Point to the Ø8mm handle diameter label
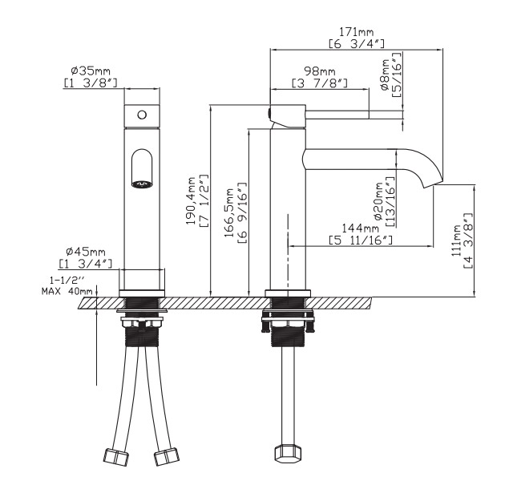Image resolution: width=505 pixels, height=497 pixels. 386,76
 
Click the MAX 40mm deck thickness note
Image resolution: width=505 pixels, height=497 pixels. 67,292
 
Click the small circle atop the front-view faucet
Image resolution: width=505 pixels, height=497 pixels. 142,115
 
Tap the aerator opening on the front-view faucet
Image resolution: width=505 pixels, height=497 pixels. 143,183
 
